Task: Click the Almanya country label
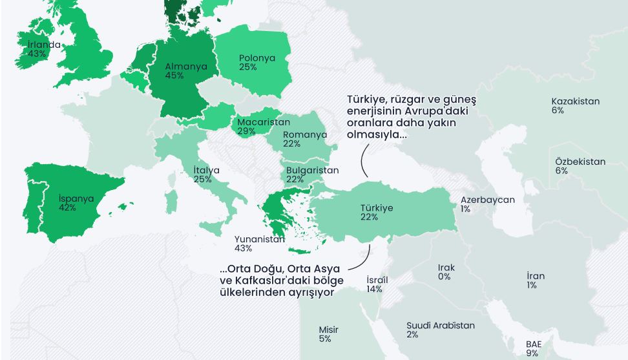tap(186, 67)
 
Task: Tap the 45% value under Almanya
tap(174, 76)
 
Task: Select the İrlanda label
tap(44, 45)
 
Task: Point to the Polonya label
tap(256, 58)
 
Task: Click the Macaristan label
tap(264, 122)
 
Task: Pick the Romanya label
tap(306, 135)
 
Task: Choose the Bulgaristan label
tap(312, 171)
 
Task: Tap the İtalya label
tap(207, 171)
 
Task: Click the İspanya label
tap(76, 199)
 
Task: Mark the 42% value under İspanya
tap(67, 208)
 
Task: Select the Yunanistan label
tap(260, 239)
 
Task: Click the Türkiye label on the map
tap(377, 209)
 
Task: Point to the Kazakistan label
tap(575, 101)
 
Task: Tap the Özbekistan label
tap(580, 162)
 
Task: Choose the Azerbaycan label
tap(488, 200)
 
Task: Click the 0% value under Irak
tap(444, 277)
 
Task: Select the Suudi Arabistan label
tap(441, 326)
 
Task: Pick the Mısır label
tap(328, 330)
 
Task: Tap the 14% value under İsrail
tap(374, 290)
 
